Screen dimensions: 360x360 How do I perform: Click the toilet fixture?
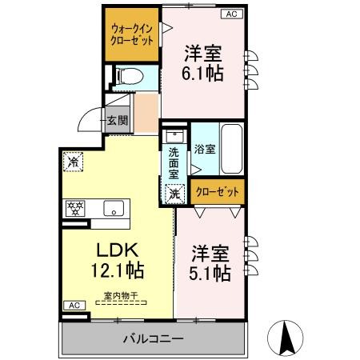pos(130,76)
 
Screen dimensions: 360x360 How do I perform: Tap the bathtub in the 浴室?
pos(232,149)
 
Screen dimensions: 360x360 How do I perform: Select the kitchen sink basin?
pos(114,208)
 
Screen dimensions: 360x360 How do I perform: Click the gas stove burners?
pos(75,208)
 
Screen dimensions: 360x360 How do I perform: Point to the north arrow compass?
pos(286,338)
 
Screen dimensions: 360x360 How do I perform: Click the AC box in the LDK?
pos(74,306)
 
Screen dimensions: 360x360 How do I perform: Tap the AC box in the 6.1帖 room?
pos(232,14)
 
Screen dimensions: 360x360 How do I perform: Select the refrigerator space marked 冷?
pos(73,162)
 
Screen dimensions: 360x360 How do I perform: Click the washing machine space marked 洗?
pos(174,194)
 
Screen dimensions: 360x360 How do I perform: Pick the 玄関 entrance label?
pos(118,121)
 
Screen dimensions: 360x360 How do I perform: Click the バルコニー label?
pos(154,339)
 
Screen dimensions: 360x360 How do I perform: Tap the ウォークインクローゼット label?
pos(132,34)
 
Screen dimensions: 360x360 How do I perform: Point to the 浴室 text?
pos(205,149)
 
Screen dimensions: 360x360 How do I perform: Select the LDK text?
pos(118,250)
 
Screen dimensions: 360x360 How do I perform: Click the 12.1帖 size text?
pos(118,270)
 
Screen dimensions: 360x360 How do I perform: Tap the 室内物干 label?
pos(121,295)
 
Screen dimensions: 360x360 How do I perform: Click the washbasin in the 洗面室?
pos(174,136)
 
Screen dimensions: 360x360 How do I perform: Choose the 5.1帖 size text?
pos(210,273)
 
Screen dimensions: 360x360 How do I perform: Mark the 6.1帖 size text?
pos(202,73)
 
